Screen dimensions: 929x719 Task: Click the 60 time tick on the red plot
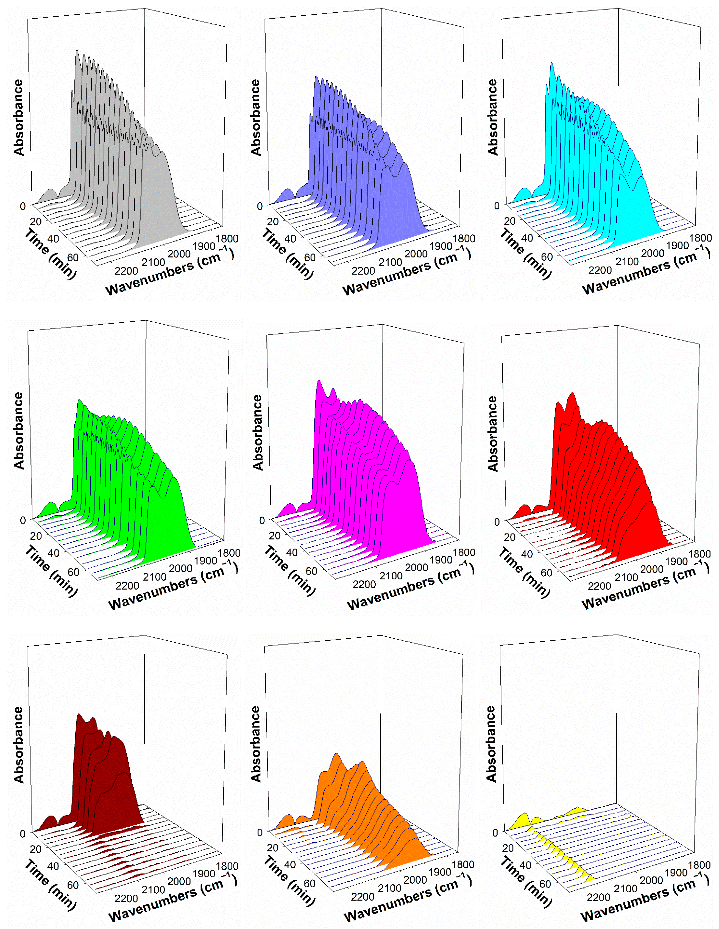(x=546, y=573)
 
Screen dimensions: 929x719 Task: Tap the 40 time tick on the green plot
(x=54, y=553)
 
